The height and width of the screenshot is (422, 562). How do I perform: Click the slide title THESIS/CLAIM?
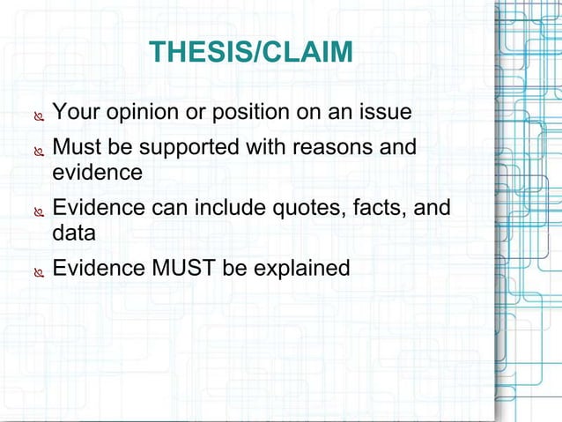251,52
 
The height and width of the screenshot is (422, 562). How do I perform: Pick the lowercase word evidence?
97,173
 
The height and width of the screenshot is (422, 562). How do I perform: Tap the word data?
74,233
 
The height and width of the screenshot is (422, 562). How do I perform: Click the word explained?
302,268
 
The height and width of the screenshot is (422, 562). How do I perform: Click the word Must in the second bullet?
74,146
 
